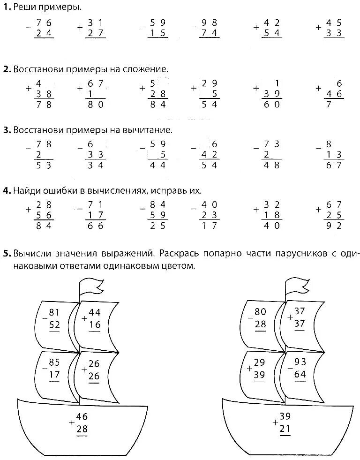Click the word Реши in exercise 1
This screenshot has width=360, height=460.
[24, 7]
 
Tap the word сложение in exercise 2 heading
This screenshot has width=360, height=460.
[149, 69]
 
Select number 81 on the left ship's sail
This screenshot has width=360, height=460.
[54, 312]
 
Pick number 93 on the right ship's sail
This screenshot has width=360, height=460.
[300, 361]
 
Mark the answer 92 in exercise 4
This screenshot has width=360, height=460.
[335, 226]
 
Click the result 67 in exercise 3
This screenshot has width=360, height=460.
[335, 165]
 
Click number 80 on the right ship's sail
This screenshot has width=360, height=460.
[260, 312]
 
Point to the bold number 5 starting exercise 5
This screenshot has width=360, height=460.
[6, 254]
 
